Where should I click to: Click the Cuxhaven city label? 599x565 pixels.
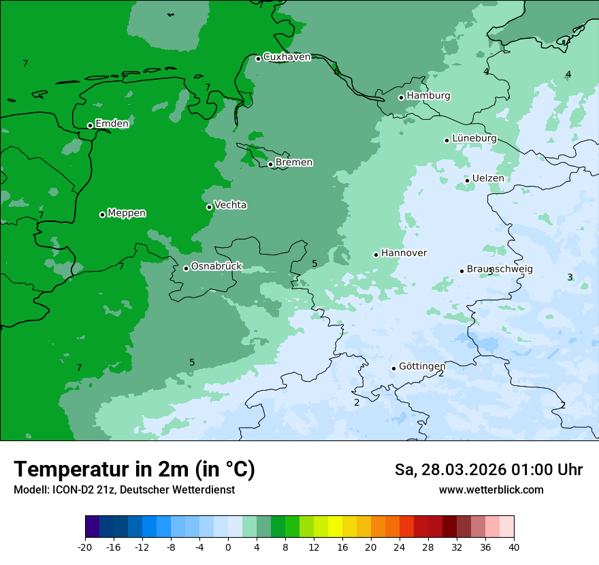(287, 57)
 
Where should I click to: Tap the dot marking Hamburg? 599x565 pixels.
(402, 97)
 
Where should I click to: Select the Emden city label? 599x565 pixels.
(112, 124)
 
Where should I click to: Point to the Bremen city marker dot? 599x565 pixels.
(270, 164)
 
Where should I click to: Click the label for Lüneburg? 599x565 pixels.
(474, 138)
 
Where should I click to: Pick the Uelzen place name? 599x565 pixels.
(488, 178)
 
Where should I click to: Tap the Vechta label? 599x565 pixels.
(230, 205)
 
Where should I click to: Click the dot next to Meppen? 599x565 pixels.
(102, 214)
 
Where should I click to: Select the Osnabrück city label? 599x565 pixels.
(216, 266)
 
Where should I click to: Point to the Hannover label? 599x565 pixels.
(404, 253)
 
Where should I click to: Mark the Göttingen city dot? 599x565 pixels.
(393, 368)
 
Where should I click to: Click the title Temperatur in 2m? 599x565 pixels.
(134, 470)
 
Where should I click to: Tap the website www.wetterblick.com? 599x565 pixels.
(491, 490)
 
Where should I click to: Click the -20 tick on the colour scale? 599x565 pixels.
(85, 547)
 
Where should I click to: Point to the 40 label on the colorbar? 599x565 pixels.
(514, 547)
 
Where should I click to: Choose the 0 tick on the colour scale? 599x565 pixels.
(228, 547)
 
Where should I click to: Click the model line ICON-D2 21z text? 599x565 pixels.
(124, 490)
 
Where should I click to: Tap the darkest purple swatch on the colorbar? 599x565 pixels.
(92, 527)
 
